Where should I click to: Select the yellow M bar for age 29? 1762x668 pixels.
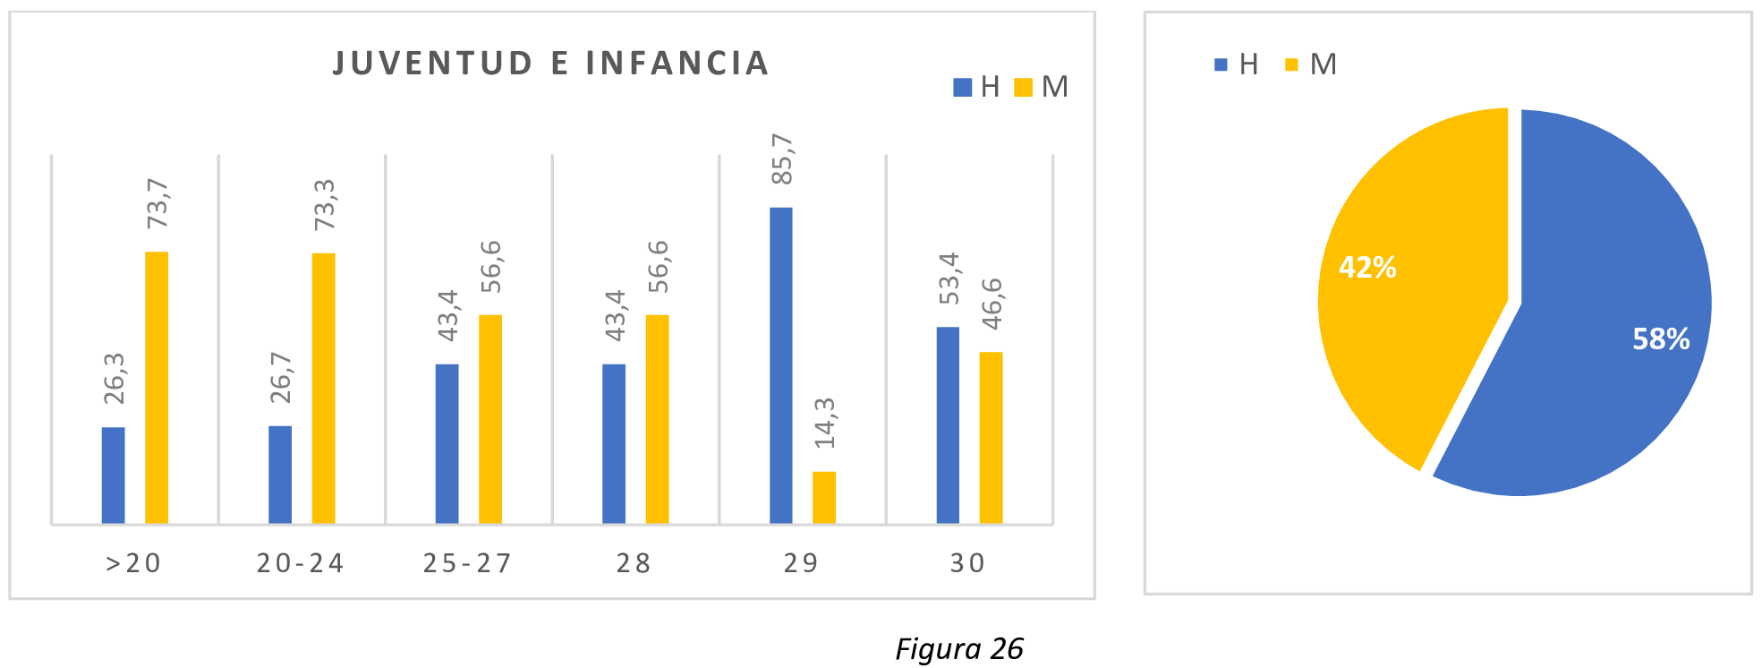[x=823, y=497]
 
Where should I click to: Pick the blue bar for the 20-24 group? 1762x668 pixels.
[x=280, y=475]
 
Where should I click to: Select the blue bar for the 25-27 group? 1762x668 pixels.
[x=447, y=443]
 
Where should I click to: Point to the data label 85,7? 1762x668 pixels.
[x=782, y=159]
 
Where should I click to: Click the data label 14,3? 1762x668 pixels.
[x=824, y=423]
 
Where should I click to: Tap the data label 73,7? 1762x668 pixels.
[x=157, y=203]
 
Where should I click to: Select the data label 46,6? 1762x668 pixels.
[x=992, y=304]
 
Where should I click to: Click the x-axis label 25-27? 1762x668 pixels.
[x=467, y=563]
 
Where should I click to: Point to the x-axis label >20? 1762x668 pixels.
[x=133, y=563]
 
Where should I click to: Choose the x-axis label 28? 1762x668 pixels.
[x=634, y=563]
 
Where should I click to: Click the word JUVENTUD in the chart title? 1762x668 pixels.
[x=433, y=64]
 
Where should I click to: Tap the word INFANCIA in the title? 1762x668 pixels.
[x=677, y=64]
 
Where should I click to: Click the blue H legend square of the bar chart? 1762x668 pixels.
[x=962, y=87]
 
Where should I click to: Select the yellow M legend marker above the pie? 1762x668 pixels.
[x=1290, y=64]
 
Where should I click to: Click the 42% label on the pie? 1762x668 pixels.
[x=1366, y=267]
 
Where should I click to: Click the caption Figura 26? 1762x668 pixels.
[x=958, y=648]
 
